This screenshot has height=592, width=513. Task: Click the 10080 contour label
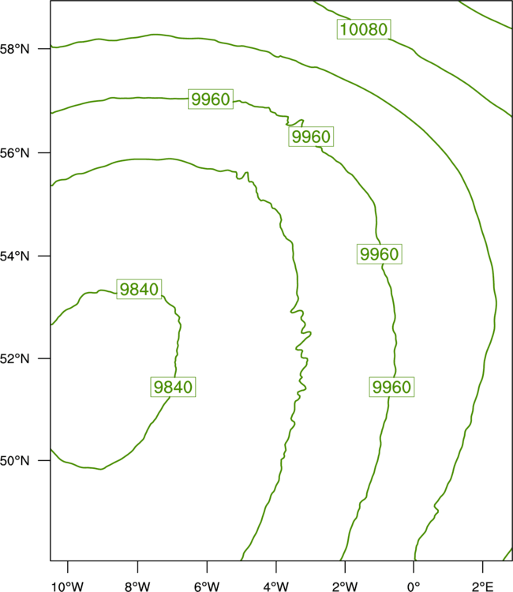[x=364, y=29]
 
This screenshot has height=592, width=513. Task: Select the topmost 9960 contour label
[x=211, y=99]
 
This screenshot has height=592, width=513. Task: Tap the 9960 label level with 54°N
[x=380, y=253]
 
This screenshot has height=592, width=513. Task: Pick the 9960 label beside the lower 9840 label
[x=391, y=387]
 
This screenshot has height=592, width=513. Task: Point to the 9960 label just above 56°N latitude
[x=311, y=137]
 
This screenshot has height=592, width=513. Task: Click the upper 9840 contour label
[x=139, y=289]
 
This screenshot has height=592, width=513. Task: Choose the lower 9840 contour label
[x=173, y=387]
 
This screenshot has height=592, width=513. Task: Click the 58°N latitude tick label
[x=15, y=49]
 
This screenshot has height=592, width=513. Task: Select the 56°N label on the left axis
[x=15, y=153]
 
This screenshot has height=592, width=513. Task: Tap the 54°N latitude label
[x=15, y=257]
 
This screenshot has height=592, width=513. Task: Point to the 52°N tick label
[x=15, y=358]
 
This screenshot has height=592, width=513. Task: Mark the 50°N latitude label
[x=15, y=461]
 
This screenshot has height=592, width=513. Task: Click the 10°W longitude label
[x=68, y=586]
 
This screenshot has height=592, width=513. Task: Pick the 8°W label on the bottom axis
[x=137, y=586]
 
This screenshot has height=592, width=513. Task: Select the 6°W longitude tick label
[x=207, y=586]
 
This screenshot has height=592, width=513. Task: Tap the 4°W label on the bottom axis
[x=276, y=586]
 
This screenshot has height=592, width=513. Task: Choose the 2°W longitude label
[x=345, y=586]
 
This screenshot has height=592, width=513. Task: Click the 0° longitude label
[x=414, y=586]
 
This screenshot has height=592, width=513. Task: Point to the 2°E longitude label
[x=482, y=586]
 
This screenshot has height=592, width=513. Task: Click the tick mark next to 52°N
[x=44, y=358]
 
